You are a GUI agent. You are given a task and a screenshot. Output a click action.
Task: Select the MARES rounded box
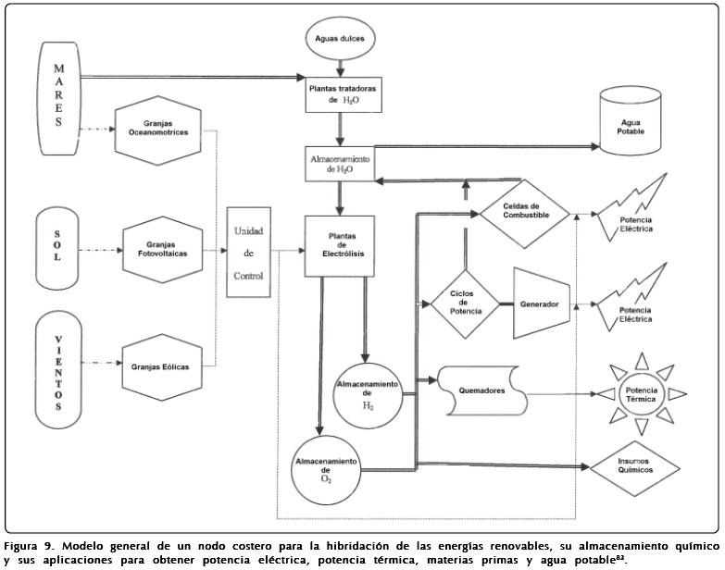click(58, 95)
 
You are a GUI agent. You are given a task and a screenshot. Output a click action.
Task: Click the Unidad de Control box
click(250, 250)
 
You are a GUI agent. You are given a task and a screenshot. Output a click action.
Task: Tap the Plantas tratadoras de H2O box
click(344, 93)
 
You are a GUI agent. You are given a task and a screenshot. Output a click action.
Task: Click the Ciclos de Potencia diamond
click(462, 304)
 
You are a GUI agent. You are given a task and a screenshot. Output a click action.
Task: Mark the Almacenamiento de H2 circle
click(368, 395)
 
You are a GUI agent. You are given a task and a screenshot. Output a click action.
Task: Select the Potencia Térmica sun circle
click(641, 395)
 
